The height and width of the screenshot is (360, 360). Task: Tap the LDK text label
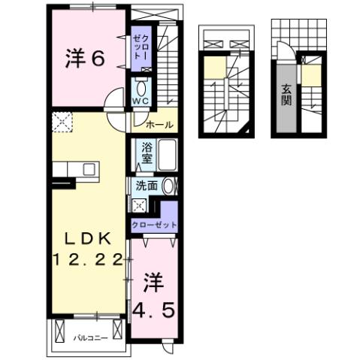(x=86, y=239)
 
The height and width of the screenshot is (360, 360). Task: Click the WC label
(x=141, y=101)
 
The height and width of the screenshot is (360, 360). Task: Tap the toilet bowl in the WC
(x=141, y=85)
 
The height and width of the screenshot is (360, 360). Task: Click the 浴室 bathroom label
(x=147, y=153)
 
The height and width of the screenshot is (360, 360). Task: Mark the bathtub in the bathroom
(x=168, y=154)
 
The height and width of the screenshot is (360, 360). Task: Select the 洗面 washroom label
(x=147, y=186)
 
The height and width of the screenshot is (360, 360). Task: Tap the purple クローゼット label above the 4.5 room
(x=154, y=225)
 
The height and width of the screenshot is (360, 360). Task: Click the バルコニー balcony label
(x=89, y=337)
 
